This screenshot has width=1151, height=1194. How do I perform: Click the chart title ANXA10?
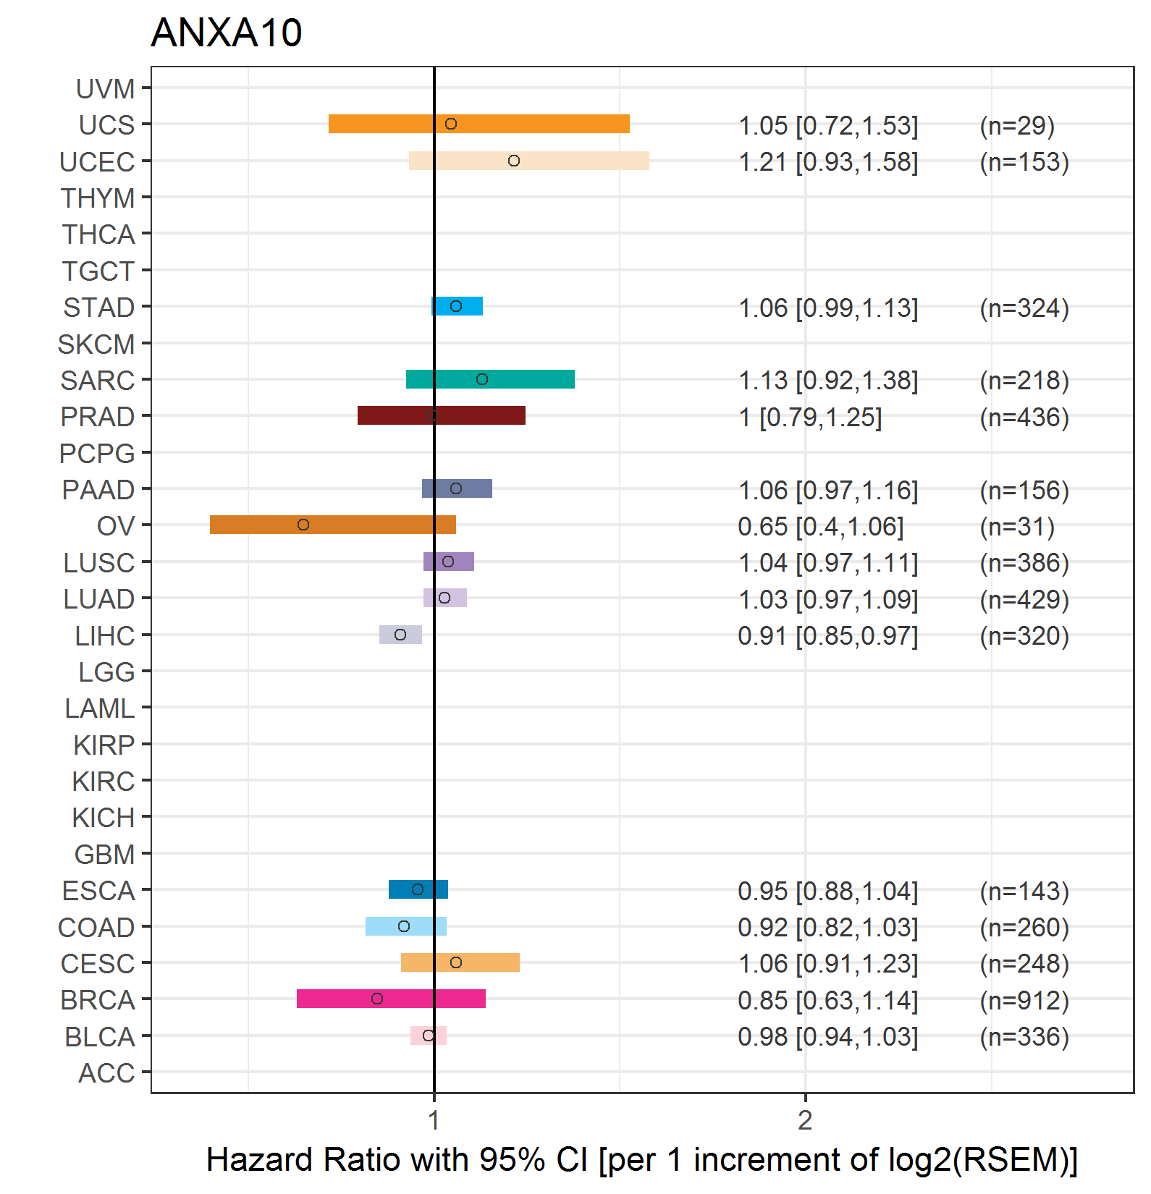click(226, 33)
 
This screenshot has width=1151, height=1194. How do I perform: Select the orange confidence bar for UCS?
click(479, 124)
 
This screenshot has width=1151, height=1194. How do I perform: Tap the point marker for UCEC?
click(514, 161)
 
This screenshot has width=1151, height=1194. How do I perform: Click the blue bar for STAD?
click(457, 306)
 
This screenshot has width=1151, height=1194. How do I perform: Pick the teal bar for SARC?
click(490, 379)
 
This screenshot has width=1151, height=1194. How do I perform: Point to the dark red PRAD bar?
click(442, 415)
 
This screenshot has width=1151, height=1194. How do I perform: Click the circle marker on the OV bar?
click(303, 525)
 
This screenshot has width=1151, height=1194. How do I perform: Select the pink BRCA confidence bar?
click(391, 999)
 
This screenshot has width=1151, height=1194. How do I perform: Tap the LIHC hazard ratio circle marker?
click(400, 635)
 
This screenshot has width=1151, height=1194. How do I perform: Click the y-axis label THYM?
click(98, 198)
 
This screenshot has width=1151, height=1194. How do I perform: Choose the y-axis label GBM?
click(105, 855)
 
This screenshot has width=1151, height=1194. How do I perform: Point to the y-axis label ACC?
click(106, 1073)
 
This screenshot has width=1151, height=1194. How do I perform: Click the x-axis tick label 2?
click(805, 1120)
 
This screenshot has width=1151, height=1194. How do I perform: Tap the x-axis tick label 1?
click(434, 1120)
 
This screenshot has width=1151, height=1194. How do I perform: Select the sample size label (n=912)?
click(1024, 1000)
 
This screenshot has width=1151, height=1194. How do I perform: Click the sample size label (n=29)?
click(1017, 125)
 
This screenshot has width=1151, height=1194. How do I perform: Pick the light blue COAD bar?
click(406, 926)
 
